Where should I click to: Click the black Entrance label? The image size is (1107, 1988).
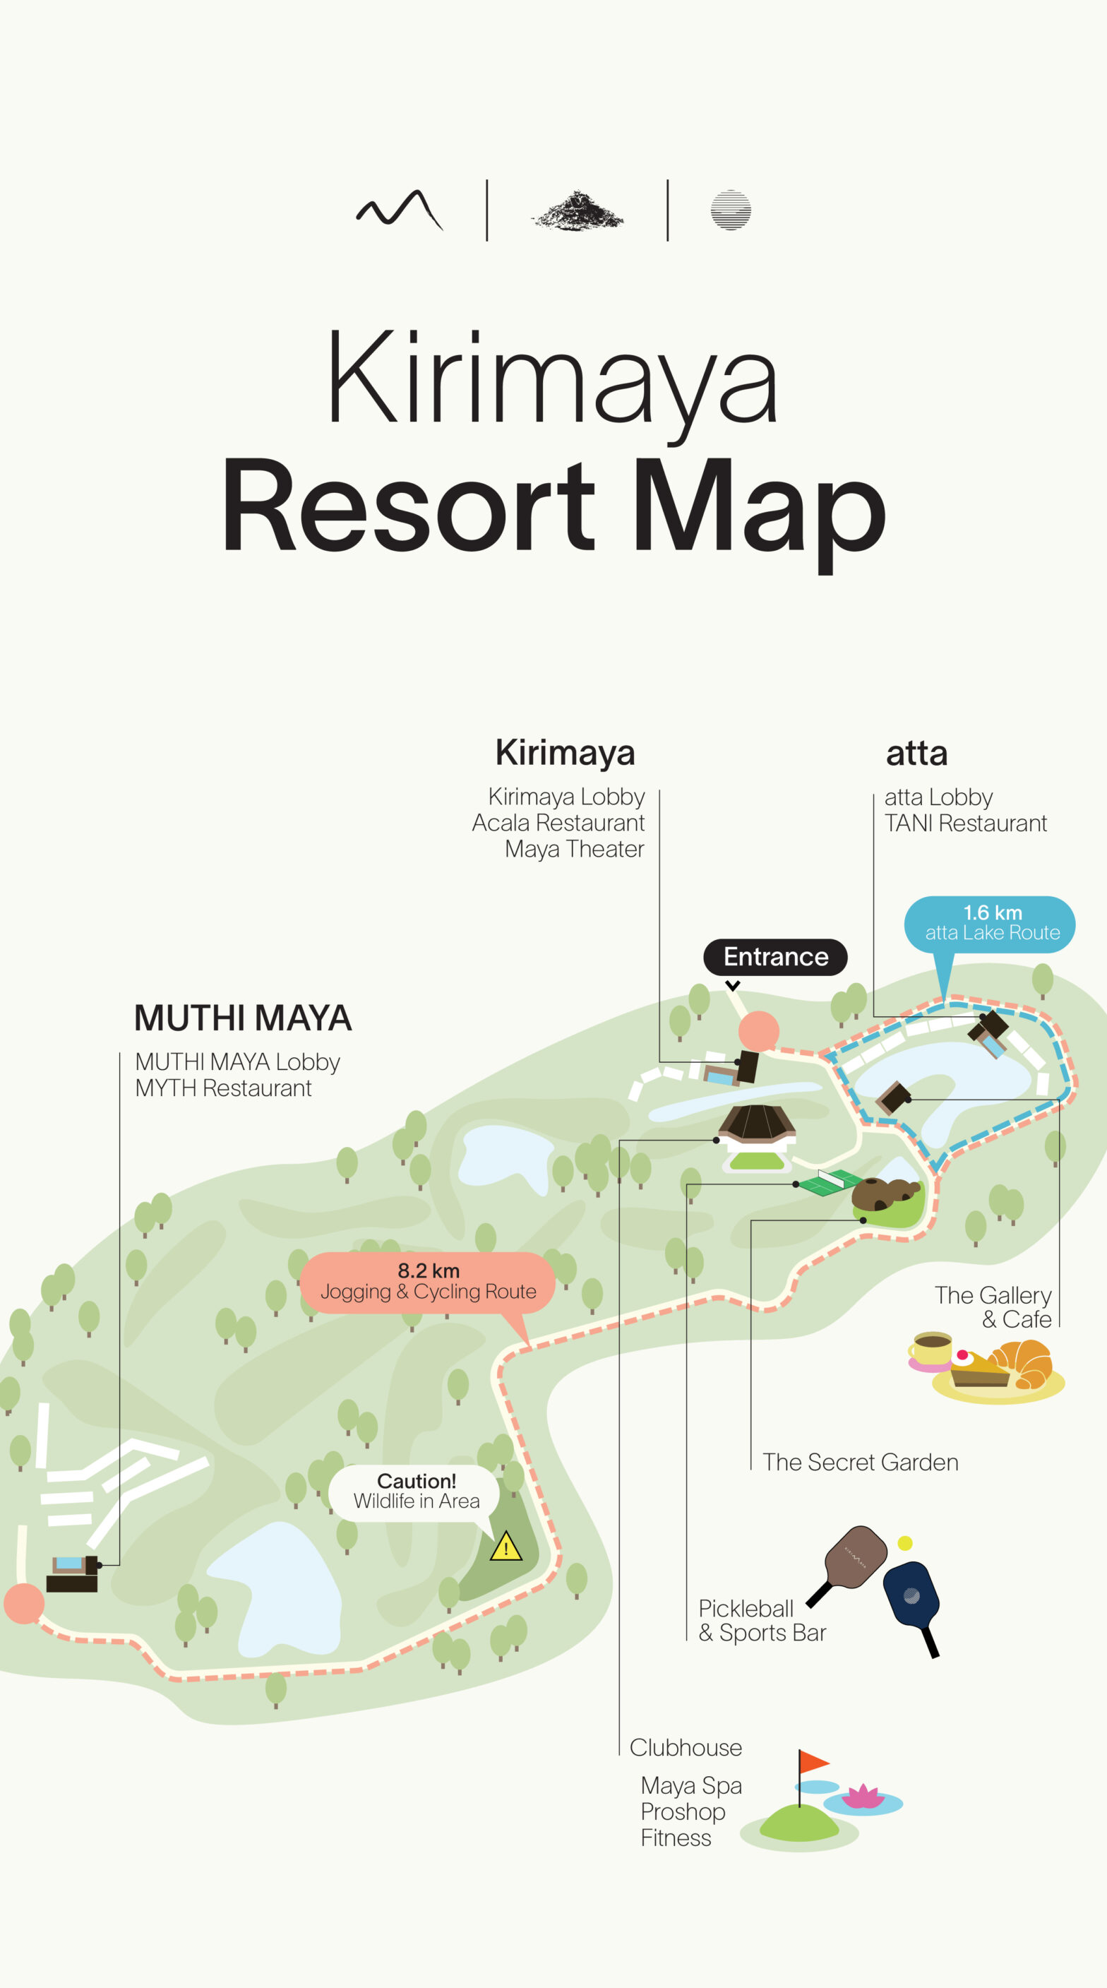pyautogui.click(x=775, y=957)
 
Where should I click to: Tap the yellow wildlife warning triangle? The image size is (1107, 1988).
pyautogui.click(x=506, y=1547)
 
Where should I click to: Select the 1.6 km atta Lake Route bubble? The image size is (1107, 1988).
pyautogui.click(x=991, y=924)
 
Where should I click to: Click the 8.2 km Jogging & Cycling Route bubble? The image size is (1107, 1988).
pyautogui.click(x=427, y=1282)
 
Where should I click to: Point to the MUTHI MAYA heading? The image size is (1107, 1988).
pyautogui.click(x=243, y=1018)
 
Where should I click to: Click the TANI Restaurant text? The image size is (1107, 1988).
pyautogui.click(x=965, y=823)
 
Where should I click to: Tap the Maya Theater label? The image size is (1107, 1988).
pyautogui.click(x=574, y=849)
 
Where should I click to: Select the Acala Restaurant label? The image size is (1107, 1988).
pyautogui.click(x=558, y=823)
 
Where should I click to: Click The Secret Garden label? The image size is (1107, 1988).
pyautogui.click(x=860, y=1463)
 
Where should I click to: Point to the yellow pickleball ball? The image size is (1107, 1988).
pyautogui.click(x=905, y=1542)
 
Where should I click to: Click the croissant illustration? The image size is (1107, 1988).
pyautogui.click(x=1023, y=1366)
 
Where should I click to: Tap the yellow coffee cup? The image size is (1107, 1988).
pyautogui.click(x=931, y=1349)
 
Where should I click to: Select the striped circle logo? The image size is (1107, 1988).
pyautogui.click(x=731, y=210)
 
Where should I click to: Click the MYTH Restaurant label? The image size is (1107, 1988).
pyautogui.click(x=223, y=1088)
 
